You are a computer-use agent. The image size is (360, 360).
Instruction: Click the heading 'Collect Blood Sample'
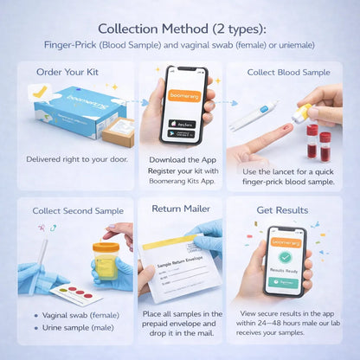pos(288,72)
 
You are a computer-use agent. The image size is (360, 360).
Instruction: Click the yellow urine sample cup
pos(105,257)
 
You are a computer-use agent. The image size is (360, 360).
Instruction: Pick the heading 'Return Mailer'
pos(180,209)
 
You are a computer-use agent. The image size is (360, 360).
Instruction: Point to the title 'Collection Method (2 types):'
pos(180,29)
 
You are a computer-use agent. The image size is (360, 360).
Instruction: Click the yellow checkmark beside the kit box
pos(39,90)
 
